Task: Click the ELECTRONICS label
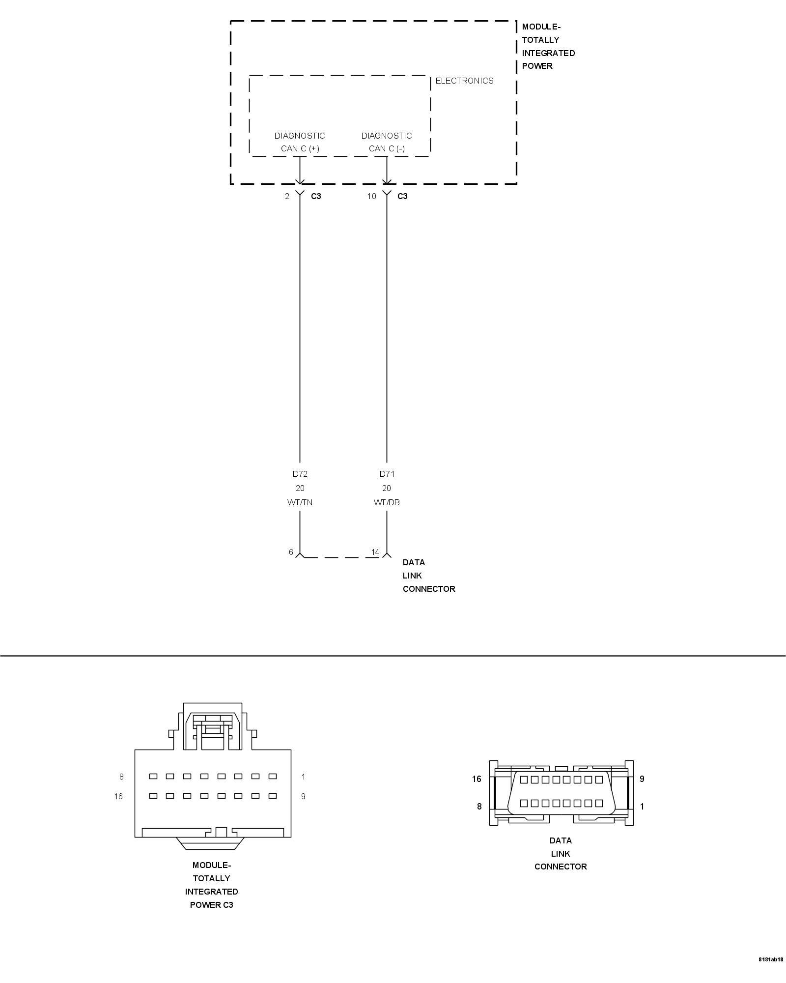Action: pyautogui.click(x=464, y=81)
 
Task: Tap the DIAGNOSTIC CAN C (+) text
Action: pyautogui.click(x=300, y=142)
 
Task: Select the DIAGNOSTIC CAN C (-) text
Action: pyautogui.click(x=387, y=142)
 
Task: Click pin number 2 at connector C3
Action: pyautogui.click(x=287, y=196)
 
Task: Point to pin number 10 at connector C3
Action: pyautogui.click(x=371, y=196)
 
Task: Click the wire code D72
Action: pyautogui.click(x=300, y=474)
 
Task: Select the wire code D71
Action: pyautogui.click(x=387, y=474)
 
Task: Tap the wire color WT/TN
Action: pyautogui.click(x=300, y=502)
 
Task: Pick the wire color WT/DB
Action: pyautogui.click(x=387, y=502)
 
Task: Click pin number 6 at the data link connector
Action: pyautogui.click(x=291, y=552)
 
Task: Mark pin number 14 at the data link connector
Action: pyautogui.click(x=375, y=552)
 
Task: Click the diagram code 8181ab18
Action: pyautogui.click(x=771, y=973)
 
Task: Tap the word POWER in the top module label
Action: pyautogui.click(x=537, y=66)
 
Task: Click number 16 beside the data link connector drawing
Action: pyautogui.click(x=477, y=779)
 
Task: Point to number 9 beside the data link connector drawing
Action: pyautogui.click(x=642, y=779)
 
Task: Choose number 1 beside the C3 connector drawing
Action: pyautogui.click(x=303, y=777)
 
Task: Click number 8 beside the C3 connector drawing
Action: pyautogui.click(x=121, y=777)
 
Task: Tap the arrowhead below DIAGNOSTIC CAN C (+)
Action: pyautogui.click(x=300, y=180)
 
